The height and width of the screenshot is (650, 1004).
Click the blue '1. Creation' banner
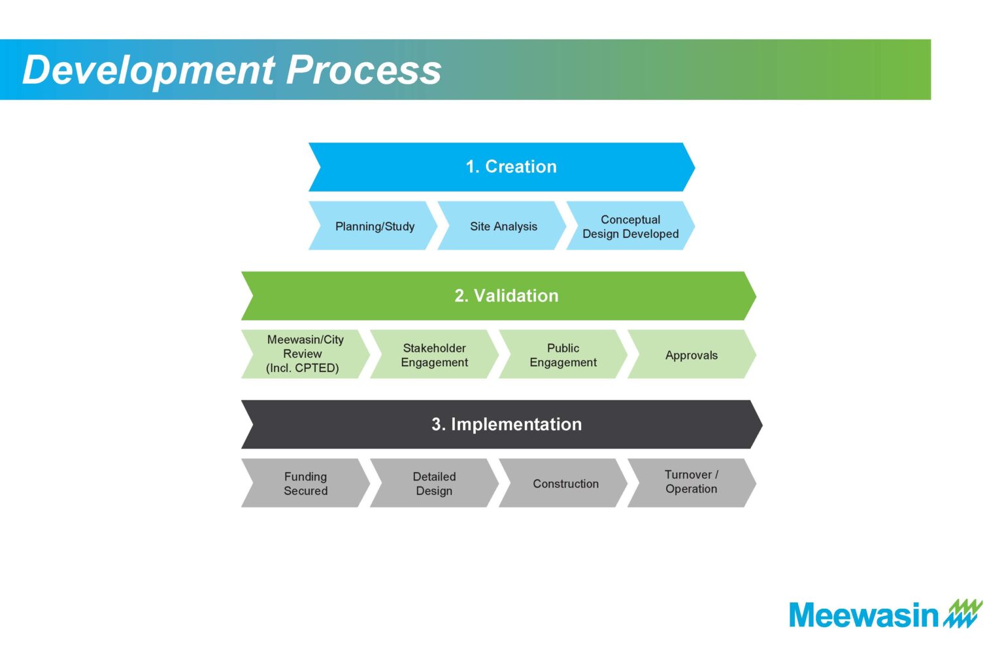[x=502, y=167]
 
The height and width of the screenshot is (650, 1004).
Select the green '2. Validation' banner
[x=499, y=296]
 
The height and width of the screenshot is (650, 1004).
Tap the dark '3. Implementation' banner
[x=502, y=424]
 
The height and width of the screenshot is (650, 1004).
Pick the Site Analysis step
[x=502, y=226]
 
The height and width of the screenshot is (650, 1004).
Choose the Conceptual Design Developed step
[x=631, y=226]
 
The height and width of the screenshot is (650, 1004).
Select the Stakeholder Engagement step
[x=434, y=354]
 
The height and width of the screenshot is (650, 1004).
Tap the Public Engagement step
[x=563, y=354]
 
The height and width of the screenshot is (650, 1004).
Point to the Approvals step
[x=692, y=354]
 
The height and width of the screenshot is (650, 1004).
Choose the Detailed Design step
[x=434, y=483]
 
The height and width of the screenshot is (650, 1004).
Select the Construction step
[x=563, y=483]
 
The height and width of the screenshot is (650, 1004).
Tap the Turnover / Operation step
[x=692, y=483]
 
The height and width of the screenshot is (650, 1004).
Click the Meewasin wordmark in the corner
[x=863, y=615]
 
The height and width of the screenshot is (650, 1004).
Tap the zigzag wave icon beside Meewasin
[x=963, y=613]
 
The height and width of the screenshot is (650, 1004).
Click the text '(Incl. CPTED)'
[x=303, y=368]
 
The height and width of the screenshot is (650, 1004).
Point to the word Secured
[x=306, y=491]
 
